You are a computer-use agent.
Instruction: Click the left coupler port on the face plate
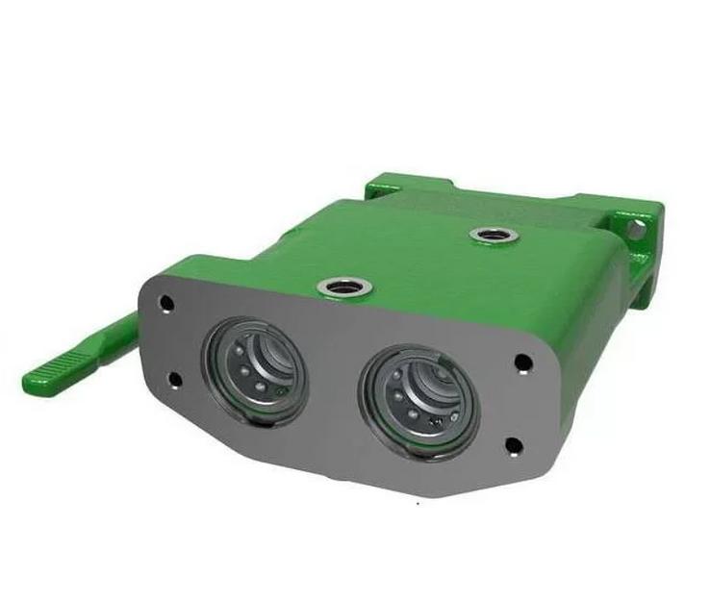256,365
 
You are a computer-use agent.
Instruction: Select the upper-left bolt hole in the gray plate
165,304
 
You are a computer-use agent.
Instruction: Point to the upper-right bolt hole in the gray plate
522,362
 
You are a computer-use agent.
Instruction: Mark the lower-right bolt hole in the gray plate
513,444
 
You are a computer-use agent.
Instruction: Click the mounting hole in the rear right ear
635,230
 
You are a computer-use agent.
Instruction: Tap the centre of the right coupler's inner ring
416,394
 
